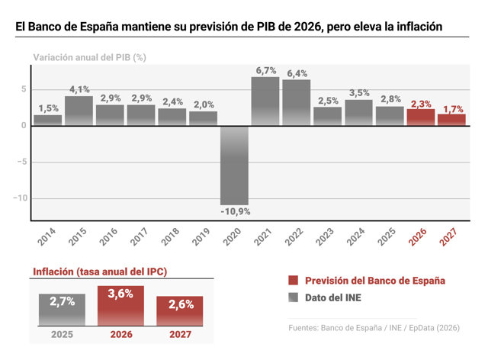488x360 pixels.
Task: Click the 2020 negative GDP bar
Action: coord(234,166)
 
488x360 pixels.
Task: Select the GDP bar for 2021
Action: coord(265,101)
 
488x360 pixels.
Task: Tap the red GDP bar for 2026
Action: coord(421,117)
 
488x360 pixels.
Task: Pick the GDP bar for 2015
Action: coord(79,111)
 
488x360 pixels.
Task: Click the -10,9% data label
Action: coord(236,212)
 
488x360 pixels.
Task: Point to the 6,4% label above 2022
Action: coord(297,73)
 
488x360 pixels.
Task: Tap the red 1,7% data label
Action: coord(453,109)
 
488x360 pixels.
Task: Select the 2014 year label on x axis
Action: coord(47,236)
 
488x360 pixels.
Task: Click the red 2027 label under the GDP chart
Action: coord(448,236)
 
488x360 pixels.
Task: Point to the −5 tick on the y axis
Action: coord(22,162)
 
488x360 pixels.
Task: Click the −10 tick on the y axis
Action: coord(21,198)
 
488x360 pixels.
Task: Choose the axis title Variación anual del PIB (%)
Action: coord(90,58)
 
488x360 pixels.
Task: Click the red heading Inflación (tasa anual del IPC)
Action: coord(100,272)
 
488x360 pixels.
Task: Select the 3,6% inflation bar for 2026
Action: coord(120,306)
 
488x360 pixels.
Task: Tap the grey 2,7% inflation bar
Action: coord(62,310)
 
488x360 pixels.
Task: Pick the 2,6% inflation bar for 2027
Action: coord(180,310)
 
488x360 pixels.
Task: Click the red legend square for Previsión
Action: coord(293,280)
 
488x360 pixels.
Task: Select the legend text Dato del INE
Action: coord(333,297)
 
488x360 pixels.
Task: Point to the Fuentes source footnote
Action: coord(374,328)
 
